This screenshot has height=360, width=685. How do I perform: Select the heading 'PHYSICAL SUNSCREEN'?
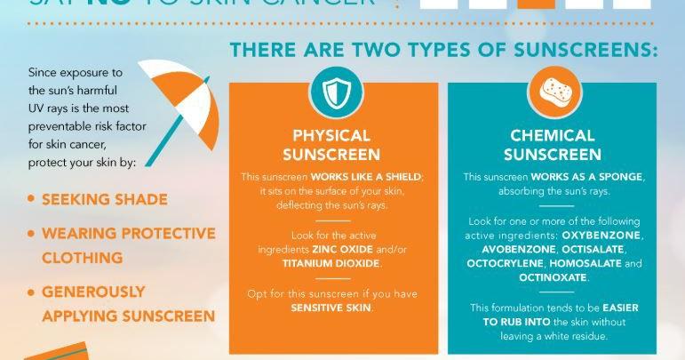(331, 145)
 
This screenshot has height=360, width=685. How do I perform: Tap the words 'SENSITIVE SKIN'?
(331, 307)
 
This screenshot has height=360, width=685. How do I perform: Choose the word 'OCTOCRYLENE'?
(507, 264)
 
